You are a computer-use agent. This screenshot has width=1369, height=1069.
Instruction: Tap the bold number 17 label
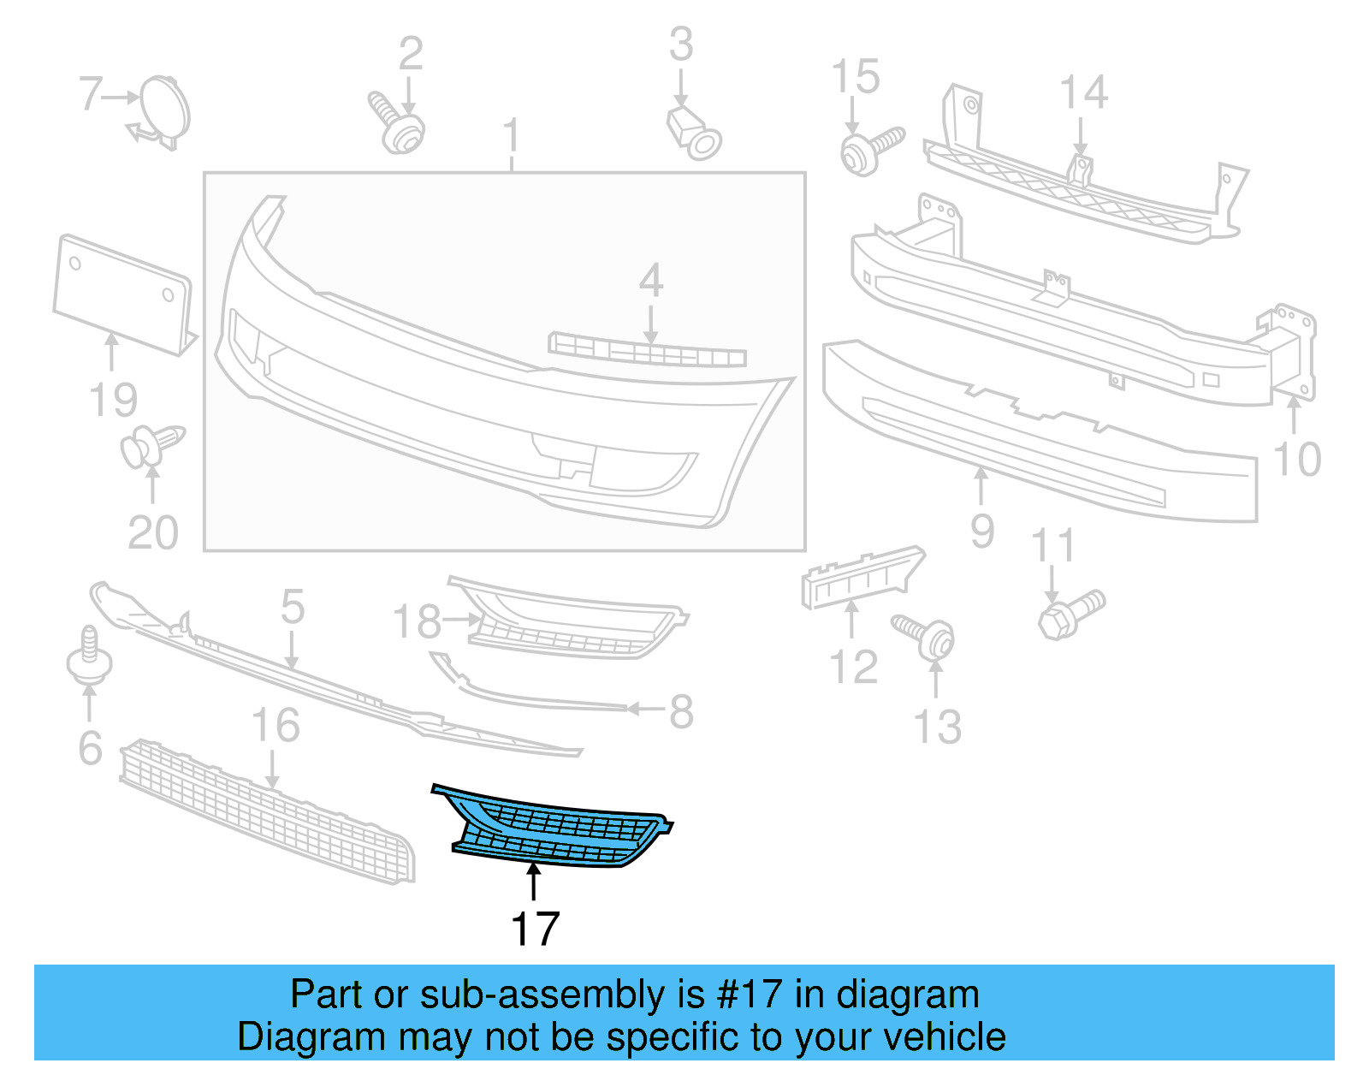click(535, 929)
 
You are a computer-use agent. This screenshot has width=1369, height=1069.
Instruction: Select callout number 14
click(1083, 92)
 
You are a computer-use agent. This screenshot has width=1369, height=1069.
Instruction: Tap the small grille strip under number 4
click(647, 352)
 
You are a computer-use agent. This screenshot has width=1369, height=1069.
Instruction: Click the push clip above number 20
click(151, 446)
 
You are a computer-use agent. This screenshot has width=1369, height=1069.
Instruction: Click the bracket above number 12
click(860, 577)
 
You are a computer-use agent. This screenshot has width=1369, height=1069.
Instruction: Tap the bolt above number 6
click(89, 658)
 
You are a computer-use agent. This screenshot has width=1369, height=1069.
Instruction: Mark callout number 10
click(1297, 460)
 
